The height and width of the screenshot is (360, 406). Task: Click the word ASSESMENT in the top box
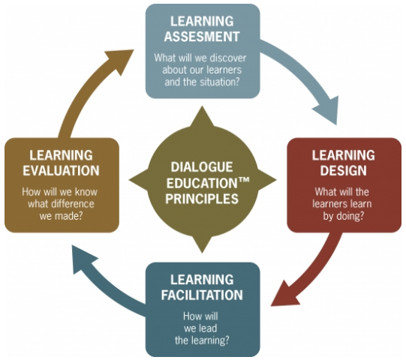[x=202, y=37]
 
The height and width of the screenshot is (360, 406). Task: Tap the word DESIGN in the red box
[x=344, y=170]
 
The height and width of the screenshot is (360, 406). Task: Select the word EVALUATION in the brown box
[x=61, y=170]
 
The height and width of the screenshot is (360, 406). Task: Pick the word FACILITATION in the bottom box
[x=202, y=295]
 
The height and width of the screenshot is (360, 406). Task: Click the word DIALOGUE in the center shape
[x=202, y=167]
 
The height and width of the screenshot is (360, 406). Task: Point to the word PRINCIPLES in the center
[x=202, y=199]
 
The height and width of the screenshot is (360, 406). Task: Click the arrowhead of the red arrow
[x=285, y=294]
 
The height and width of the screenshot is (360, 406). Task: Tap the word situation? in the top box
[x=220, y=82]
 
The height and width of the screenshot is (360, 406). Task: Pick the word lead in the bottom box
[x=207, y=328]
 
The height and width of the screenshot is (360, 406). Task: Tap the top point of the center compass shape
[x=202, y=106]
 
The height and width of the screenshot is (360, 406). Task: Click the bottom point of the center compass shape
[x=202, y=252]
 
